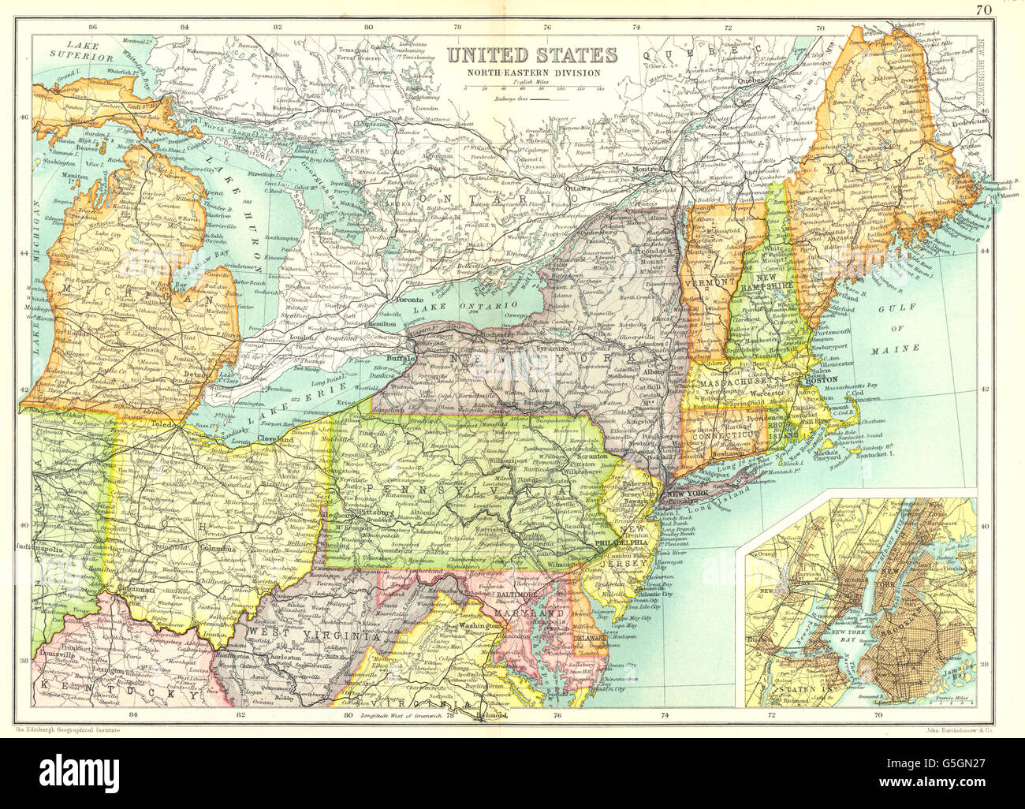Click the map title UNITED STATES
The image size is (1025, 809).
(x=532, y=55)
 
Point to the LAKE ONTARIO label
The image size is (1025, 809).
(x=472, y=305)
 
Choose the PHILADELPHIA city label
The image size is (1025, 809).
(x=625, y=542)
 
